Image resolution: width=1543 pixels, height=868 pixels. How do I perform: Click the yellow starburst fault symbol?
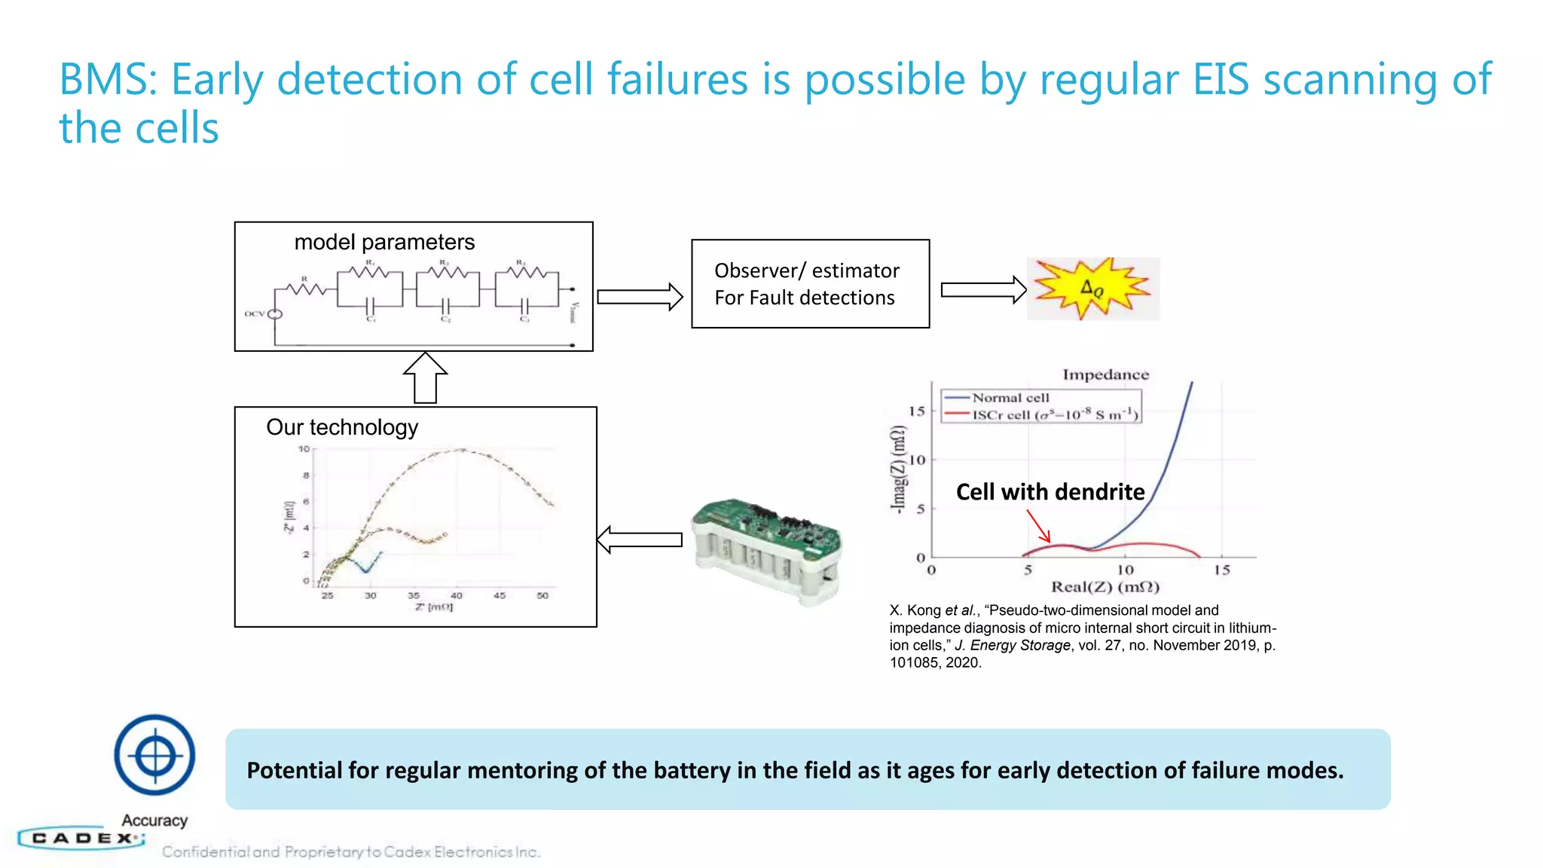pyautogui.click(x=1092, y=289)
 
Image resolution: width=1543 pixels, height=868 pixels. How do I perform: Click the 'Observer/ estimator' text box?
pyautogui.click(x=810, y=284)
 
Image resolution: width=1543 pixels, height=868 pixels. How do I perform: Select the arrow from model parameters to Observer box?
pyautogui.click(x=640, y=297)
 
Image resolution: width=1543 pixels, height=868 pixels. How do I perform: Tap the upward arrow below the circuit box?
pyautogui.click(x=425, y=378)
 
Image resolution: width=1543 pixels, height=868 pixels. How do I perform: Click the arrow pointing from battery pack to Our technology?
pyautogui.click(x=640, y=539)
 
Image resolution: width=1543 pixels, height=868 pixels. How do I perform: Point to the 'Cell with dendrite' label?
pyautogui.click(x=1050, y=492)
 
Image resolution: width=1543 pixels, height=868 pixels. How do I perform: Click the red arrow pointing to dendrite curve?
pyautogui.click(x=1039, y=526)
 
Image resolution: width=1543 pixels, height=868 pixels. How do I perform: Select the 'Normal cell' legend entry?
pyautogui.click(x=1010, y=398)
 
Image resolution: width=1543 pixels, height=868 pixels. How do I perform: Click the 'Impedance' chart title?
pyautogui.click(x=1105, y=374)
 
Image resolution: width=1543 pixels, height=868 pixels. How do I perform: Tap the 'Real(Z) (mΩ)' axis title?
pyautogui.click(x=1105, y=587)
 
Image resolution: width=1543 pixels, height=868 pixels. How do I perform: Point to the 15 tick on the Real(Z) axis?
pyautogui.click(x=1221, y=570)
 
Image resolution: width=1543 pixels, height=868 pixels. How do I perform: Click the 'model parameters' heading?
pyautogui.click(x=384, y=243)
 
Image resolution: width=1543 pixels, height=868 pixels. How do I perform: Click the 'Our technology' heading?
pyautogui.click(x=342, y=427)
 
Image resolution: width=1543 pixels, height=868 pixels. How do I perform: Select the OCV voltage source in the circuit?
pyautogui.click(x=275, y=314)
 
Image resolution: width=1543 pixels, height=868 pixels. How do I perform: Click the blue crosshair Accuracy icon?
pyautogui.click(x=154, y=755)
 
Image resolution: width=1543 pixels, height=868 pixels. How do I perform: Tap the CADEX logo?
pyautogui.click(x=81, y=838)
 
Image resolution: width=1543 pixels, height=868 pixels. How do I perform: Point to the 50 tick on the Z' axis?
pyautogui.click(x=542, y=595)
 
